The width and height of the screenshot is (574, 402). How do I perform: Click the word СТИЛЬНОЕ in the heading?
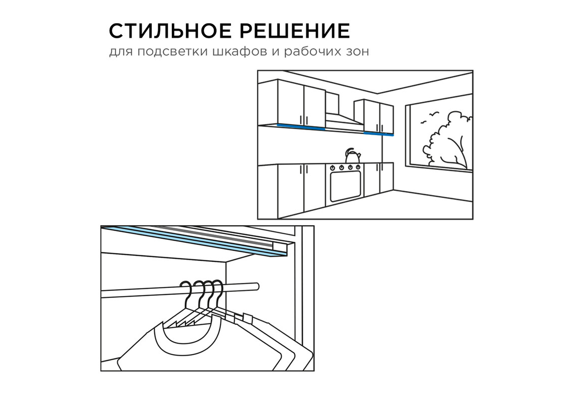point(170,31)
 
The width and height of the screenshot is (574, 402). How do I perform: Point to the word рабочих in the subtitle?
point(311,52)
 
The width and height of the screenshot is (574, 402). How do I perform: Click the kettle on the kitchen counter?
point(353,156)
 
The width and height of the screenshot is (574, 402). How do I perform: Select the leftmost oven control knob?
point(333,167)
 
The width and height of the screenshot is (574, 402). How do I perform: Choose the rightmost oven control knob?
point(358,167)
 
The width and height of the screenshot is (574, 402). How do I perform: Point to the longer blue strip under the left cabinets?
point(301,127)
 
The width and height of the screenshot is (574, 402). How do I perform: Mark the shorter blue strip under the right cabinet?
point(379,133)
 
